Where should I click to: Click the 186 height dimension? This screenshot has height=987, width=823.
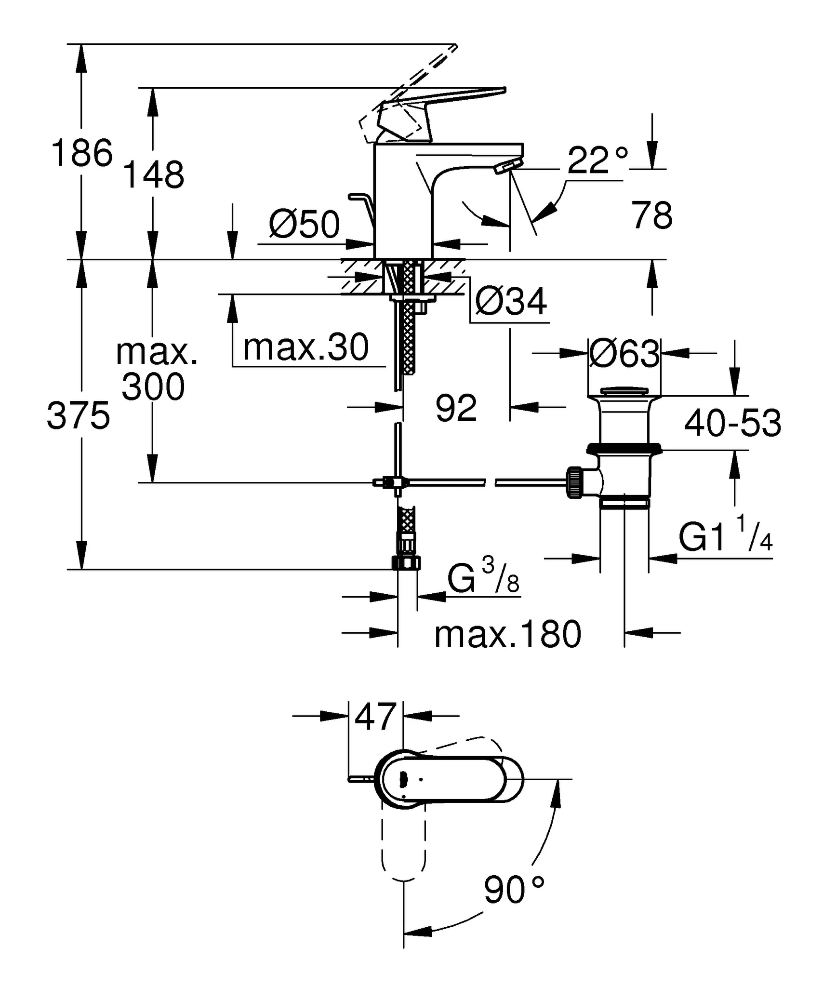[x=82, y=153]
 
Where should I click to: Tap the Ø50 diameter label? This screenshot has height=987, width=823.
[x=305, y=225]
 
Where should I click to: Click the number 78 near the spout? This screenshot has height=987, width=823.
[x=652, y=216]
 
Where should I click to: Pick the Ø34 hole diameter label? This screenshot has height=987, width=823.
[x=511, y=302]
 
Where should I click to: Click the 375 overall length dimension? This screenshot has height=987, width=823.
[x=79, y=416]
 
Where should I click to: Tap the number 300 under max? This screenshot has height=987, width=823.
[x=153, y=387]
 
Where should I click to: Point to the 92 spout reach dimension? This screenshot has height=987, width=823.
[x=456, y=408]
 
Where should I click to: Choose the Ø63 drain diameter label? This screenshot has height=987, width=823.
[x=624, y=354]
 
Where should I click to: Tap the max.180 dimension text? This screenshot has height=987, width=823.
[x=508, y=635]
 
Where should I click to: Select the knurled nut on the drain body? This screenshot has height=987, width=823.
[x=575, y=482]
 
